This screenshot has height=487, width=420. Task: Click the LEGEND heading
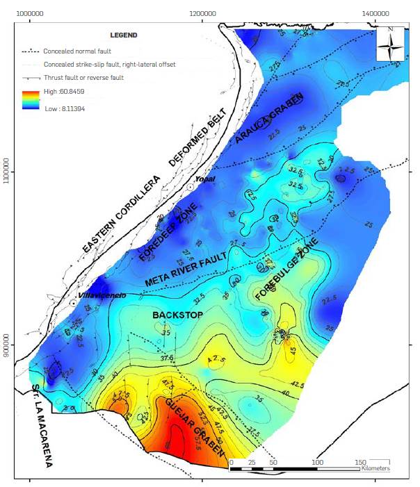click(124, 35)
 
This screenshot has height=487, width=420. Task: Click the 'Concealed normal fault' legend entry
click(76, 51)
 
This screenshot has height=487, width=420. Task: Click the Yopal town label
click(204, 179)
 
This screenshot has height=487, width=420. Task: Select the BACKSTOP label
click(177, 315)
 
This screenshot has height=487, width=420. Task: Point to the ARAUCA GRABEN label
click(269, 119)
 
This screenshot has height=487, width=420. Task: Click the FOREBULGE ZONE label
click(286, 268)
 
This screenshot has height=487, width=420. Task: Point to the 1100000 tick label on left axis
click(8, 170)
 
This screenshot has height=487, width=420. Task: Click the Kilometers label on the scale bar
click(375, 469)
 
